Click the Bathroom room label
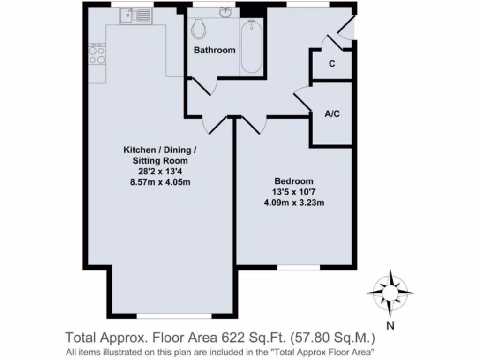coord(215,50)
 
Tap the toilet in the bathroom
coord(199,29)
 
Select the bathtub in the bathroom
coord(251,46)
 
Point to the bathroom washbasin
coord(226,12)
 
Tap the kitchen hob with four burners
coord(97,55)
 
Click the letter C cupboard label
coord(332,64)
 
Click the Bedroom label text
coord(294,181)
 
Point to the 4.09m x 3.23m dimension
coord(294,203)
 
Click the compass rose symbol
coord(390,292)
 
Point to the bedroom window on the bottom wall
coord(299,268)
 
